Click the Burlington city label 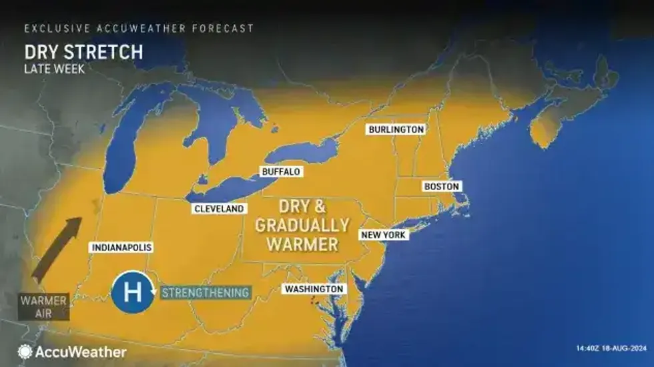(396, 129)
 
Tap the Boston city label (442, 187)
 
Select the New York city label (383, 235)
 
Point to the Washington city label (314, 289)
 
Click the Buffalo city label (281, 172)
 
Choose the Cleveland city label (219, 209)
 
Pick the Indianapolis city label (121, 248)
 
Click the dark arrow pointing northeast (57, 250)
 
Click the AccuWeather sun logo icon (25, 352)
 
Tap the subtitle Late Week (54, 68)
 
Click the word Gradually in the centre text (302, 225)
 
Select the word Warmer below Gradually (302, 244)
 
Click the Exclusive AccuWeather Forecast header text (139, 29)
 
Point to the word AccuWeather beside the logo (81, 352)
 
